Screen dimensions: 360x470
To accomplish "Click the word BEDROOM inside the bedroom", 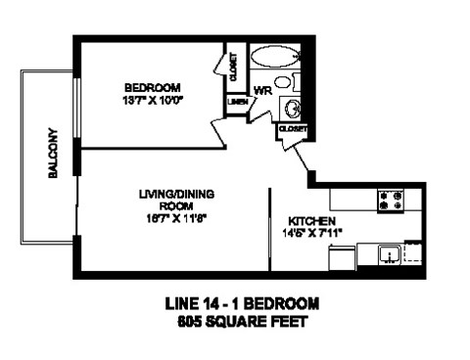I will point(156,84).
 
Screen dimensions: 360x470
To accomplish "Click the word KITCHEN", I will point(312,221).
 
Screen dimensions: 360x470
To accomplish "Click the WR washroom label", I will point(261,91).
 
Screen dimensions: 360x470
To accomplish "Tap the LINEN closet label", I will point(236,101).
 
